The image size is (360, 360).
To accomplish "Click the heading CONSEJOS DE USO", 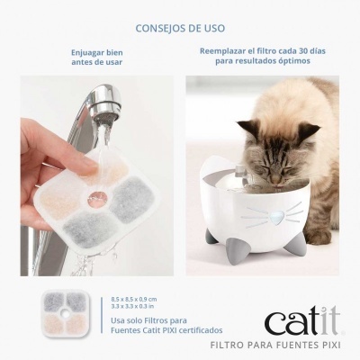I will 180,29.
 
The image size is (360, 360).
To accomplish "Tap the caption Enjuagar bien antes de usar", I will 97,58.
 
